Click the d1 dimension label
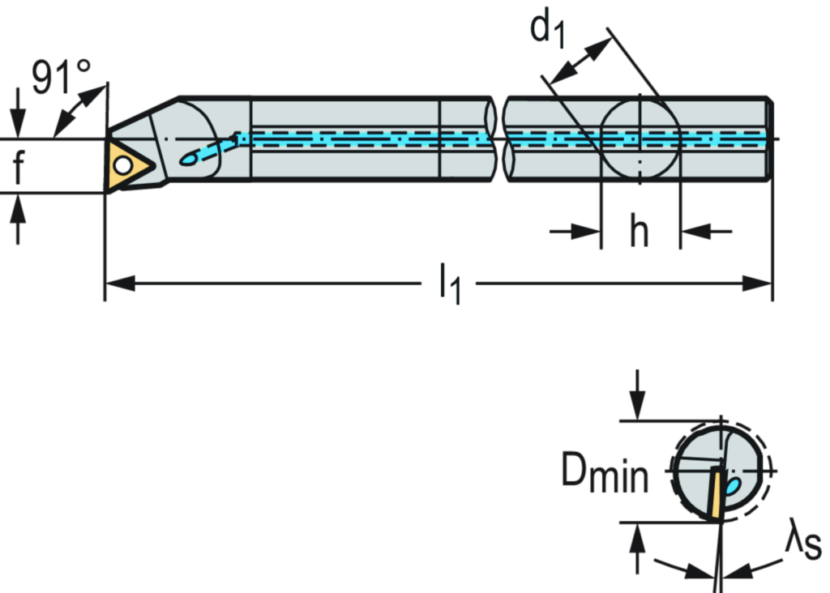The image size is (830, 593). pyautogui.click(x=549, y=29)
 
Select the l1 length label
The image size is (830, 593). pyautogui.click(x=451, y=285)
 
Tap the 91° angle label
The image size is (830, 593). pyautogui.click(x=60, y=77)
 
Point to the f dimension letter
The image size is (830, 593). pyautogui.click(x=19, y=167)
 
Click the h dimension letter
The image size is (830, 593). pyautogui.click(x=640, y=233)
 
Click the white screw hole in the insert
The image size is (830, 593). pyautogui.click(x=122, y=165)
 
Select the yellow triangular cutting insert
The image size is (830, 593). pyautogui.click(x=128, y=165)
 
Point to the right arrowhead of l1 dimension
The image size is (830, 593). pyautogui.click(x=759, y=284)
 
